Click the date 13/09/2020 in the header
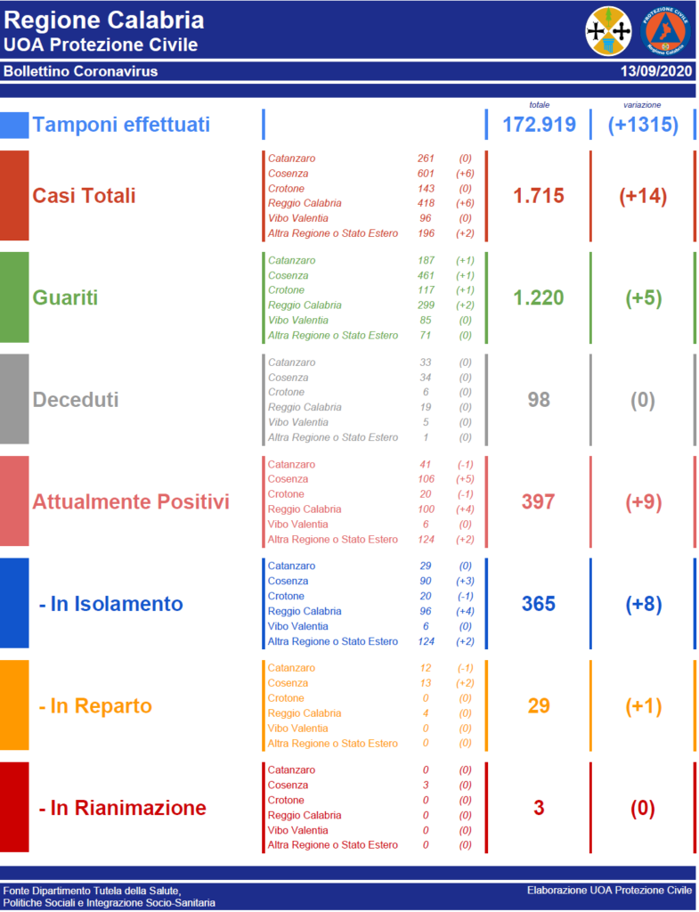pos(657,71)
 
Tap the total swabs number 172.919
pos(539,125)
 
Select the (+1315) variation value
pos(643,125)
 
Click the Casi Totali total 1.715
pos(539,196)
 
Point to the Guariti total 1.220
pos(539,297)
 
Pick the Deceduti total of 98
pos(539,400)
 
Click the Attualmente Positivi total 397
pos(539,501)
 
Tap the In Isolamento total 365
pos(539,604)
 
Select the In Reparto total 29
pos(539,706)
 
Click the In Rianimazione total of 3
pos(539,808)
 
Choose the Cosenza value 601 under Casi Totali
pos(426,174)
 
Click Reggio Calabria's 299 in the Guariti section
pos(426,305)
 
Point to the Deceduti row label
pos(76,400)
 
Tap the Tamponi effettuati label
pos(121,125)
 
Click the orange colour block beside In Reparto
pos(14,705)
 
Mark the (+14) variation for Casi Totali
pos(643,196)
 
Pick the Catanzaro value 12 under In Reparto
pos(426,668)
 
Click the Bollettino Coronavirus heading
pos(81,71)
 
